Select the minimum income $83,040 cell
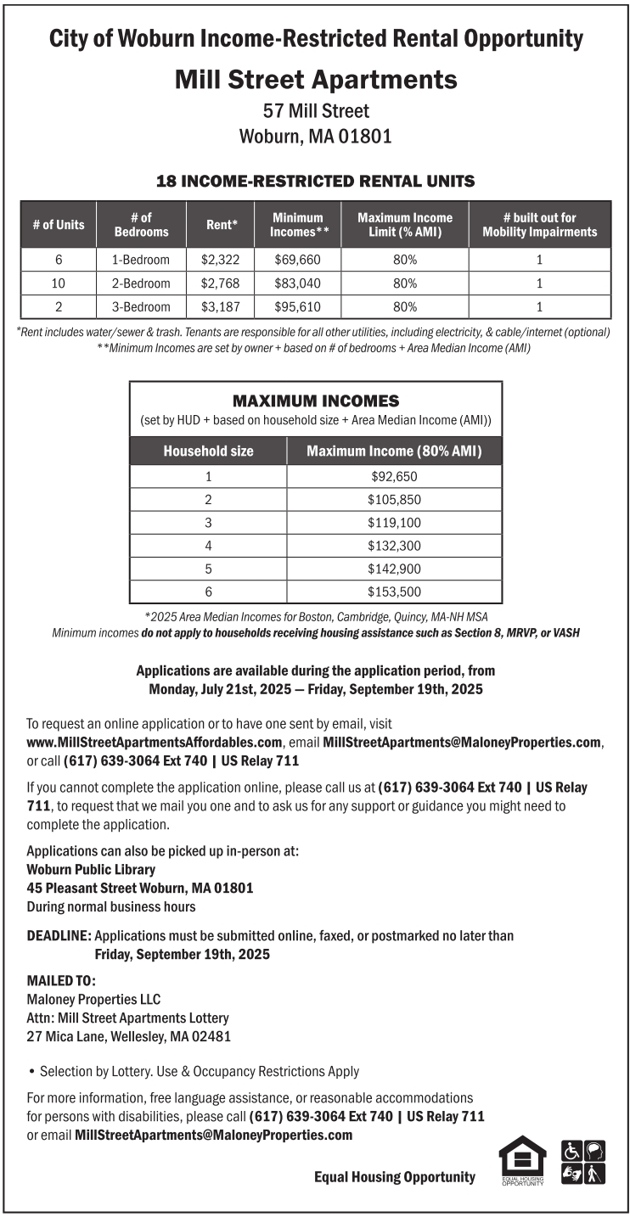click(296, 283)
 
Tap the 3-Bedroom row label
click(141, 306)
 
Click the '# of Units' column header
click(59, 225)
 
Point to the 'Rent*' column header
click(222, 225)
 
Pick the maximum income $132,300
click(394, 546)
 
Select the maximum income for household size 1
click(394, 477)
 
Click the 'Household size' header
click(208, 451)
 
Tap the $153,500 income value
click(394, 592)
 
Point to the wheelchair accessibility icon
click(572, 1152)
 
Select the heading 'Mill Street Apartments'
click(316, 80)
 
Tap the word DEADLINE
click(59, 936)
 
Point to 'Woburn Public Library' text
click(91, 869)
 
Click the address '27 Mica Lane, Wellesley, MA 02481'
click(129, 1036)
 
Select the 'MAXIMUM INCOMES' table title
click(316, 401)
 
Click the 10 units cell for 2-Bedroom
click(59, 283)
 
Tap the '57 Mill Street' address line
click(316, 111)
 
